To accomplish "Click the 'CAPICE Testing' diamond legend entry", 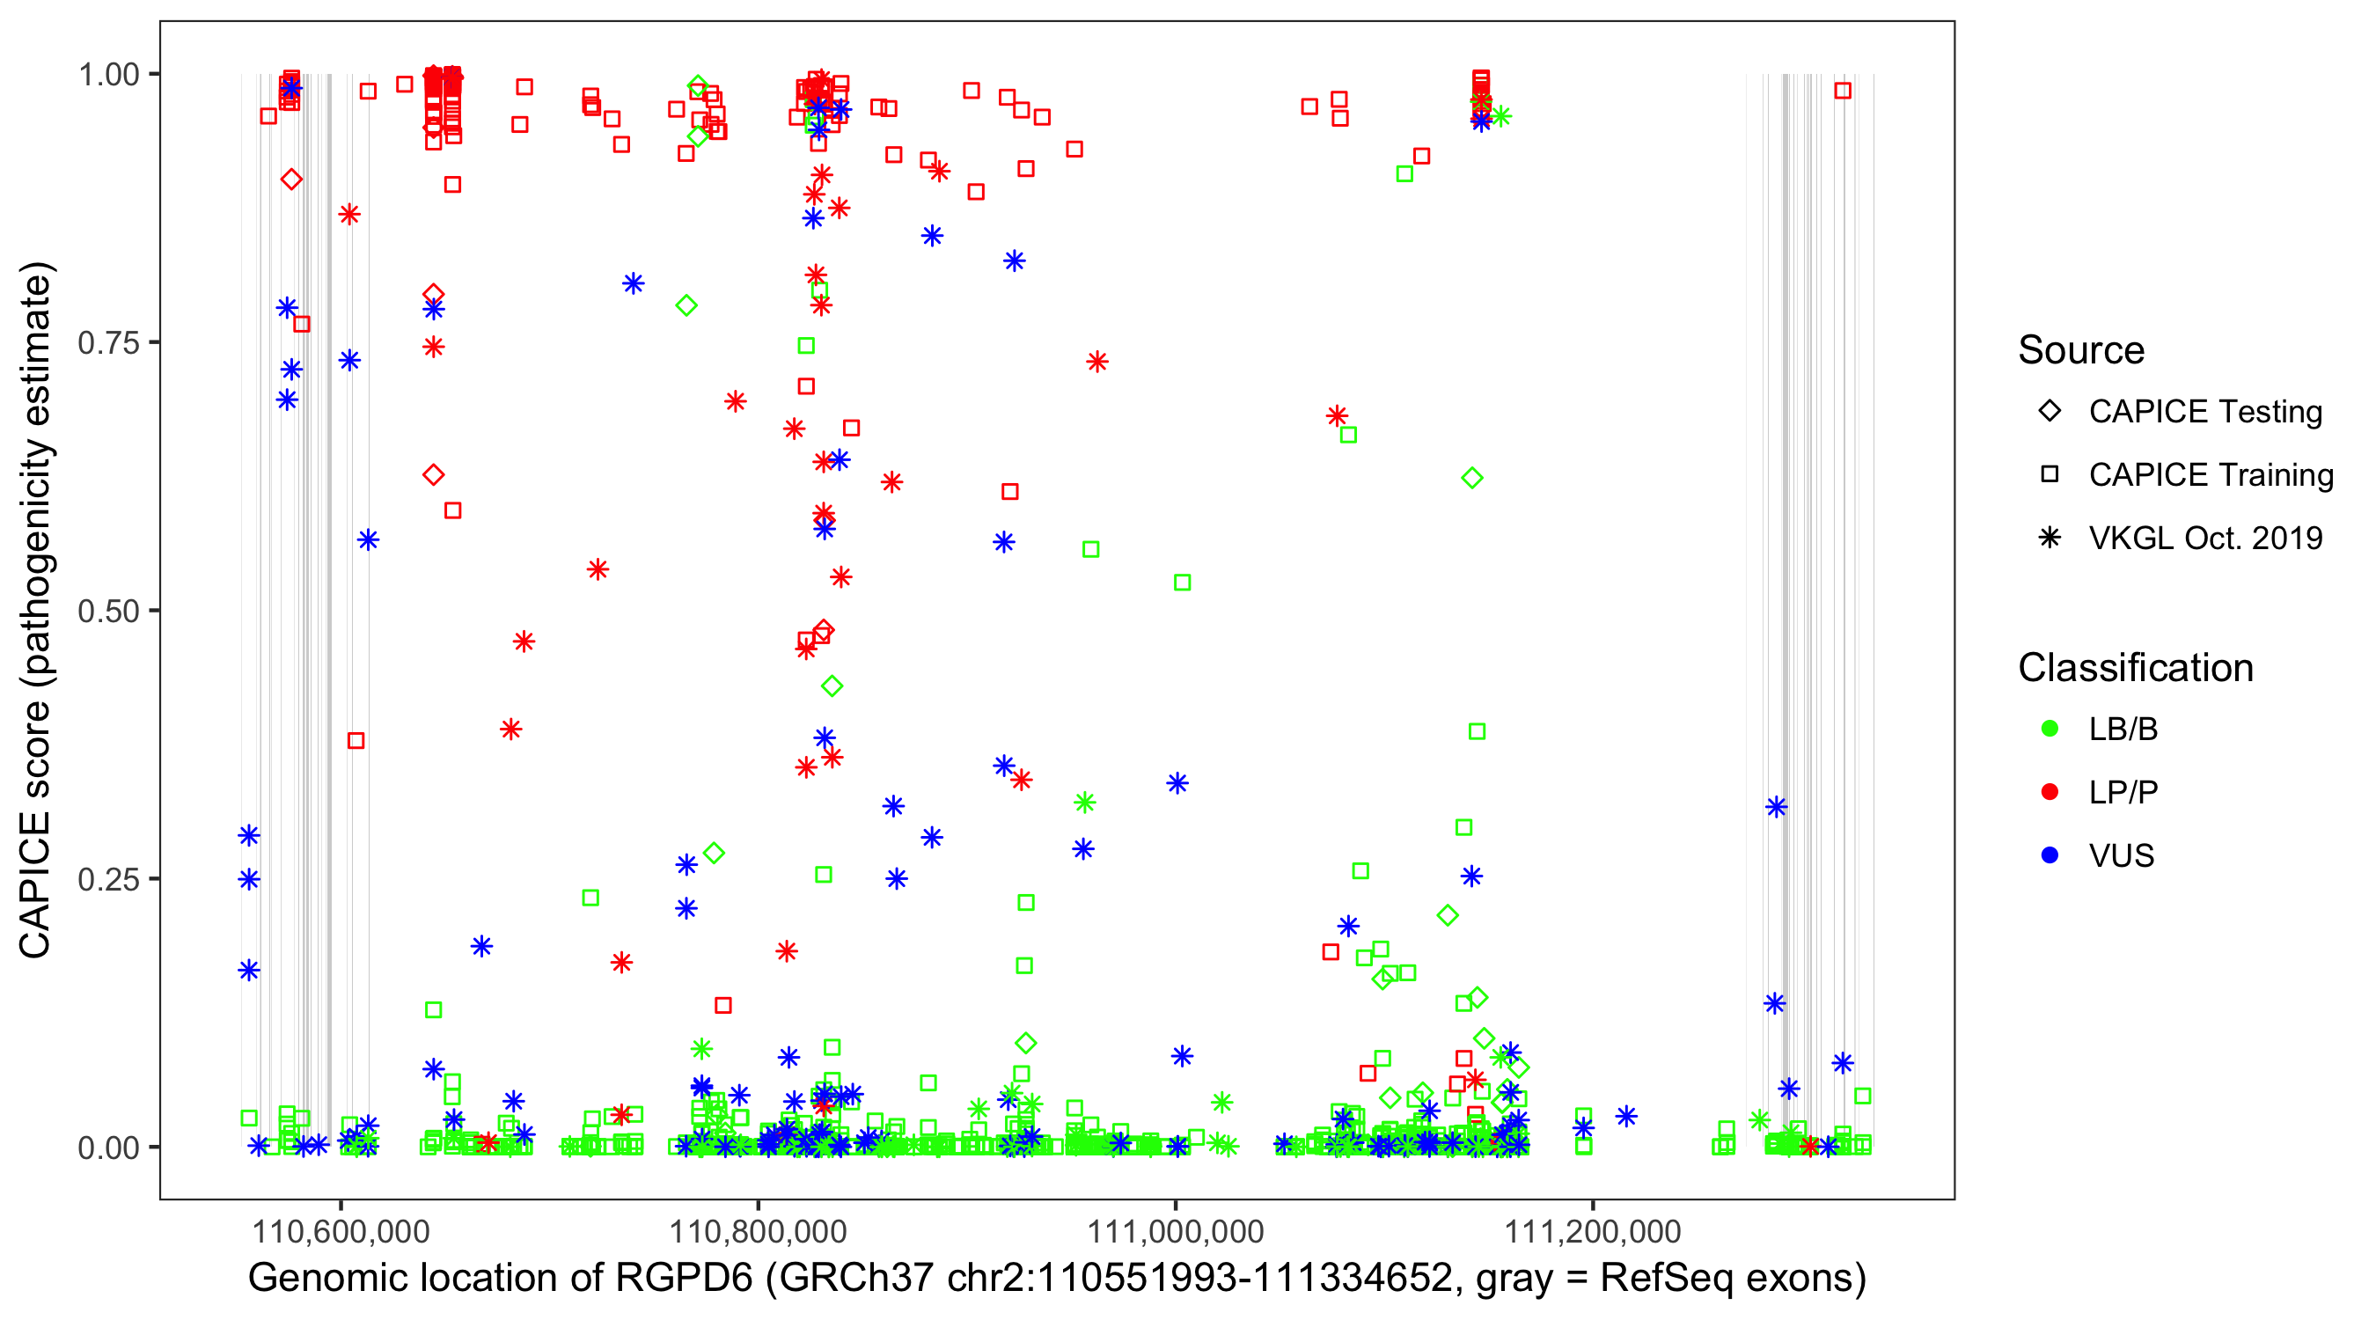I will (x=2204, y=412).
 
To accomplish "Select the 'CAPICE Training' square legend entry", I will (x=2210, y=475).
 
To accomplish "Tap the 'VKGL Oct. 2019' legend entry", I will (x=2204, y=538).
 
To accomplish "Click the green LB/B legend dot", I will (x=2050, y=729).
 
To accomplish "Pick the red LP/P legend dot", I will (x=2050, y=792).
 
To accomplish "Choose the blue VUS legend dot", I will (x=2050, y=855).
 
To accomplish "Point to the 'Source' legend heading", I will (x=2081, y=350).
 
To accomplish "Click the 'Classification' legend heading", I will (x=2134, y=668).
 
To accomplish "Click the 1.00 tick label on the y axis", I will (x=108, y=75).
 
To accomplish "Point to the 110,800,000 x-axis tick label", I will (x=758, y=1230).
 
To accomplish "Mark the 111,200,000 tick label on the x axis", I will (x=1592, y=1230).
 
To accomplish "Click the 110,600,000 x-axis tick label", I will (x=341, y=1230).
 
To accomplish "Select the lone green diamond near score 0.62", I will (x=1472, y=478).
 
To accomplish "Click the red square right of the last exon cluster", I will (x=1843, y=91).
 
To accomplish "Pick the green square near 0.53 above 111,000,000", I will (x=1183, y=582).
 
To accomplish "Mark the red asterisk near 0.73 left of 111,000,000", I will (x=1096, y=362).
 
